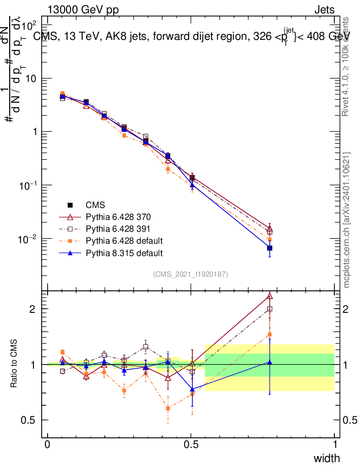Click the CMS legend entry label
pyautogui.click(x=96, y=205)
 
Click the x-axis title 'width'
pyautogui.click(x=327, y=458)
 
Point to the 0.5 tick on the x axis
pyautogui.click(x=191, y=444)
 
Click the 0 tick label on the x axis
pyautogui.click(x=48, y=444)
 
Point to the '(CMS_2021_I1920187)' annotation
pyautogui.click(x=191, y=274)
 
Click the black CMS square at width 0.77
pyautogui.click(x=270, y=248)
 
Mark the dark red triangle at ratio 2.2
pyautogui.click(x=270, y=296)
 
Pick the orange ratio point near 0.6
pyautogui.click(x=168, y=408)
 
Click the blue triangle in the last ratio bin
pyautogui.click(x=270, y=362)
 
